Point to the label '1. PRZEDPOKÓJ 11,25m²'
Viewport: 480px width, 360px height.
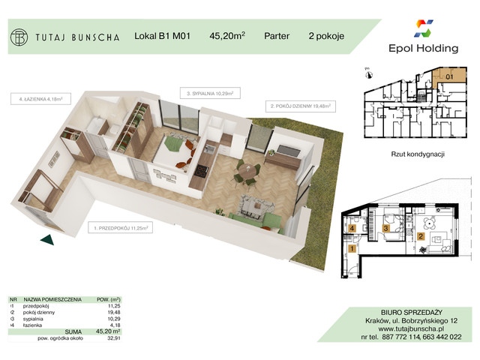tap(121, 226)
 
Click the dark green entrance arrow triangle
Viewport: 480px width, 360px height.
tap(47, 239)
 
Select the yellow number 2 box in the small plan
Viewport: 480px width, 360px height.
tap(421, 236)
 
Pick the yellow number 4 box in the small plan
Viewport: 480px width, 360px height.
tap(352, 229)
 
